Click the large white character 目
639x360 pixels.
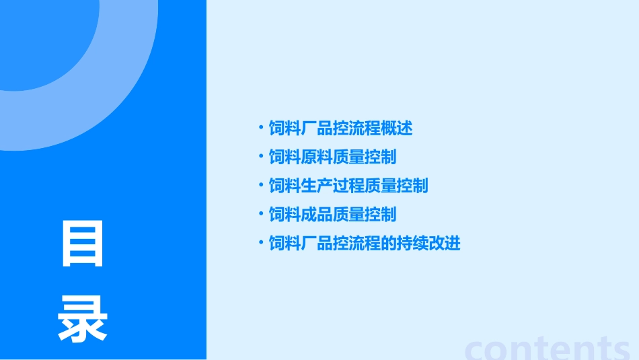[x=83, y=244]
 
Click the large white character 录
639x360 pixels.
[x=83, y=320]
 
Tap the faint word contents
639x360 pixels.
[x=548, y=349]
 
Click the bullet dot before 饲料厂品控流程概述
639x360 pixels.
[x=261, y=127]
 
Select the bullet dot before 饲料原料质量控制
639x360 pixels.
[x=261, y=156]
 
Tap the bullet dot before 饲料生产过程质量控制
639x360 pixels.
[x=261, y=185]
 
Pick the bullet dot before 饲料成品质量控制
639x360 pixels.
[x=261, y=214]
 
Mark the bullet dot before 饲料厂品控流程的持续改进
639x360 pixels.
[x=261, y=243]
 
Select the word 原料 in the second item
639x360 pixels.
[x=317, y=157]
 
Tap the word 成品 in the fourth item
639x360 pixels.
[x=317, y=215]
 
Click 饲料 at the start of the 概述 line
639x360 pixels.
[x=285, y=128]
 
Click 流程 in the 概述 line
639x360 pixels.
[x=365, y=128]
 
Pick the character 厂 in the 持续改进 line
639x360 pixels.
[x=309, y=244]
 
